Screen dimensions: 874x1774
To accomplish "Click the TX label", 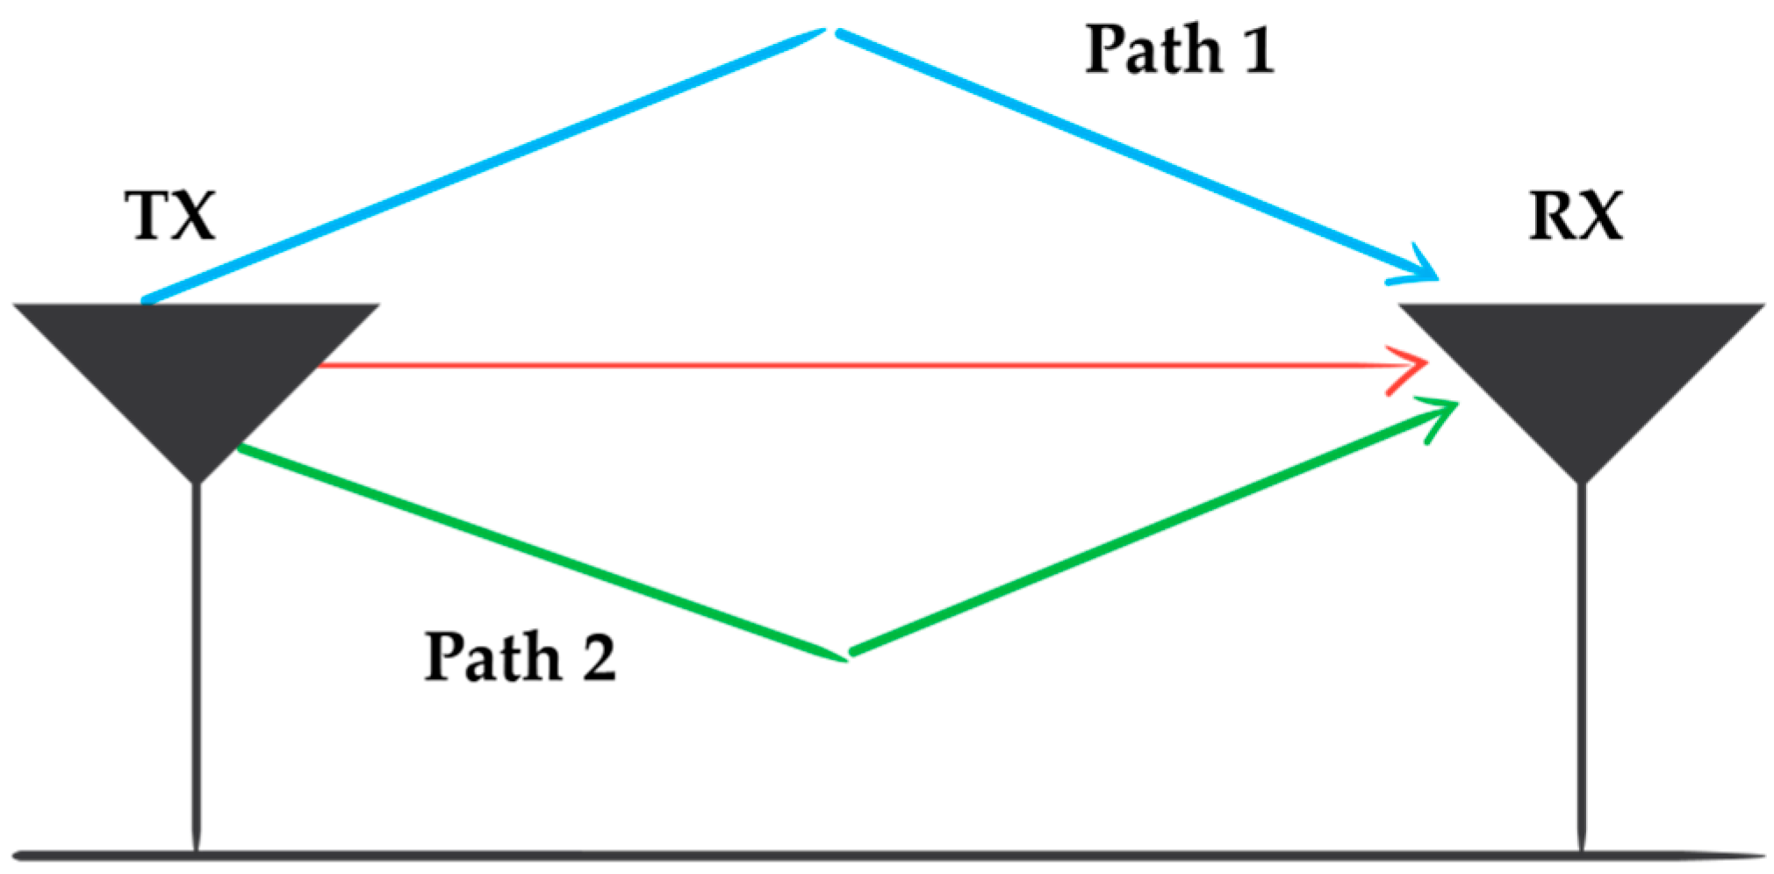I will pyautogui.click(x=170, y=215).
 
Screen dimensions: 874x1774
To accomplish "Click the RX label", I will pyautogui.click(x=1576, y=215).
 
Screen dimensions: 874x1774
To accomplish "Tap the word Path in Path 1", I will pyautogui.click(x=1153, y=49).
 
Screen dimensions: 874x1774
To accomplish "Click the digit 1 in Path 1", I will pyautogui.click(x=1257, y=49).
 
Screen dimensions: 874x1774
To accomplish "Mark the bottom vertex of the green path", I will pyautogui.click(x=846, y=655).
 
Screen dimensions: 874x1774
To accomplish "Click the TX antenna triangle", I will pyautogui.click(x=196, y=369).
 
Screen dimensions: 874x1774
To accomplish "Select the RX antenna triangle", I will pyautogui.click(x=1582, y=369).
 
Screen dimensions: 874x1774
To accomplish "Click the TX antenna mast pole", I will pyautogui.click(x=197, y=658).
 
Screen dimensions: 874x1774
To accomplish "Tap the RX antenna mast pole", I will pyautogui.click(x=1582, y=658).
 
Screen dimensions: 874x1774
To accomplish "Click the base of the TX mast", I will pyautogui.click(x=197, y=848).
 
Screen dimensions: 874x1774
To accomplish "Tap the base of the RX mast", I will pyautogui.click(x=1582, y=848).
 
